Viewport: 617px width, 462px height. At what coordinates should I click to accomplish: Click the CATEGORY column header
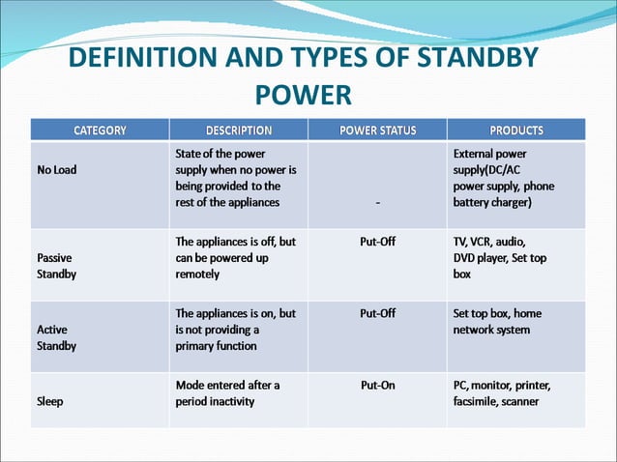point(101,130)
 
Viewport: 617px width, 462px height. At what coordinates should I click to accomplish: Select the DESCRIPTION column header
point(239,130)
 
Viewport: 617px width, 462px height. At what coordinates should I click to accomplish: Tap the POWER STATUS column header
point(377,130)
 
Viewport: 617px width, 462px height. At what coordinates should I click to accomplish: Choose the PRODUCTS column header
point(516,130)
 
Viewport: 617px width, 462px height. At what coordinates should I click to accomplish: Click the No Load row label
point(59,169)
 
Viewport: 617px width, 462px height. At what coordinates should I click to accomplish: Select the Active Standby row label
point(57,337)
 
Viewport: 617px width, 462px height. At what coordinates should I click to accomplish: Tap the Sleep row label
point(51,401)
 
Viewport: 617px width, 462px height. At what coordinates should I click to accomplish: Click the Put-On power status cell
point(377,385)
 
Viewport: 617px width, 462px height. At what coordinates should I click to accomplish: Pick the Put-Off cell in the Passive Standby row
point(377,242)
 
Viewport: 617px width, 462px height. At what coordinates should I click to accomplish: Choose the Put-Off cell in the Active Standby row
point(377,313)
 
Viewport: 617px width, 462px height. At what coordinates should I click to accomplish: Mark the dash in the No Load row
point(377,203)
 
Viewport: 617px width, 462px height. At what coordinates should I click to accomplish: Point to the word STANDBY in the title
point(480,58)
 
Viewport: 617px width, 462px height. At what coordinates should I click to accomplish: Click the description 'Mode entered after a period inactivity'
point(228,392)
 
